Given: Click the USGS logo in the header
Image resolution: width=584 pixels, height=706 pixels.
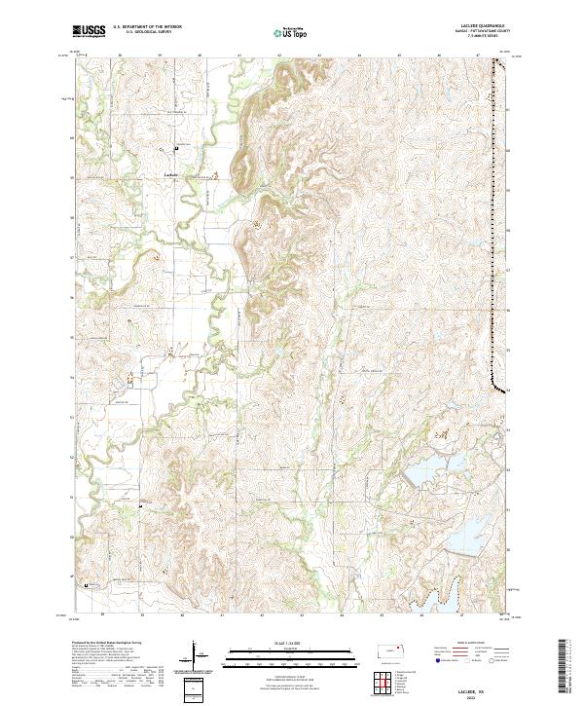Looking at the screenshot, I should click(89, 32).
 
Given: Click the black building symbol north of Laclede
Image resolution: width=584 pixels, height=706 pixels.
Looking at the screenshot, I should click(176, 148).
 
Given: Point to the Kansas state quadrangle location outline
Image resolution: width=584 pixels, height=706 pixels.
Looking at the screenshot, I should click(391, 650).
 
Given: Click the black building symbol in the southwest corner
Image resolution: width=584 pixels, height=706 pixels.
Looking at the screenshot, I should click(87, 585).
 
